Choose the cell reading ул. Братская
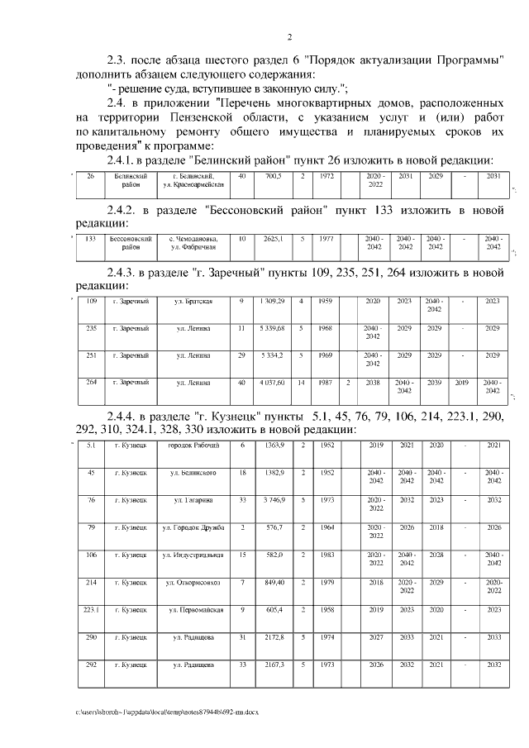point(193,301)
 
